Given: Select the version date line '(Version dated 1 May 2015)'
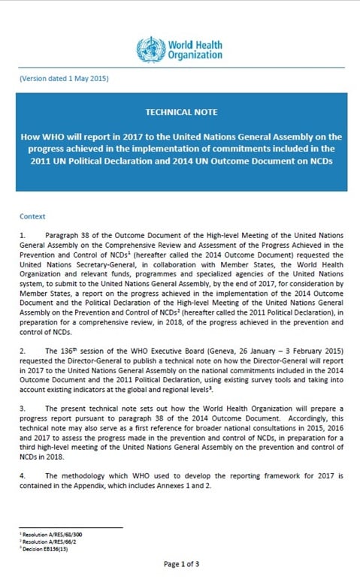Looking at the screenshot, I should (64, 79).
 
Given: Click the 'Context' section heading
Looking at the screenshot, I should (33, 216).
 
